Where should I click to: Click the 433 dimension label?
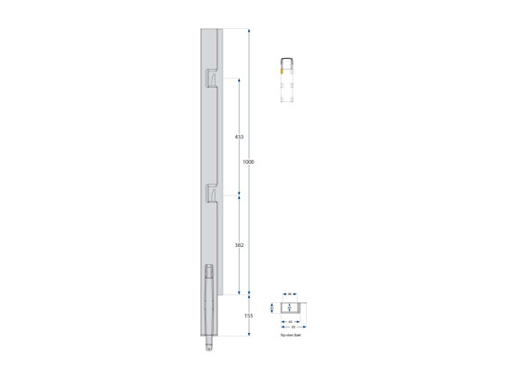click(x=239, y=137)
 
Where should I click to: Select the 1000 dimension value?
click(x=248, y=162)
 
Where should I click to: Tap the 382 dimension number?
click(x=239, y=244)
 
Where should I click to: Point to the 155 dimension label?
click(x=248, y=315)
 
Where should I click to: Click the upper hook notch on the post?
click(x=211, y=78)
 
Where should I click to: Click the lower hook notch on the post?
click(x=211, y=192)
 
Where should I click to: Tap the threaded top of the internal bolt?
click(x=210, y=270)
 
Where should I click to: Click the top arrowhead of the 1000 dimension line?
click(x=249, y=30)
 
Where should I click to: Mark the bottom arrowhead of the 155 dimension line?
click(x=249, y=333)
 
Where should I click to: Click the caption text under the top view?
click(x=290, y=335)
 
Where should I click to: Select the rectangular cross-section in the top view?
click(x=290, y=309)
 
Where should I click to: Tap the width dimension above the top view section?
click(x=290, y=294)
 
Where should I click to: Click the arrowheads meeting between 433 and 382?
click(x=239, y=194)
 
